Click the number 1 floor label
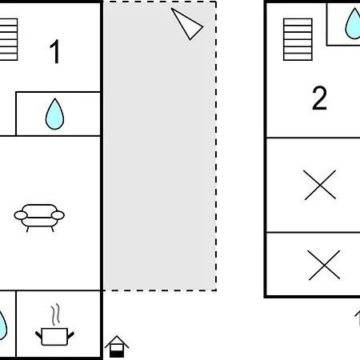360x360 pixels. (x=55, y=51)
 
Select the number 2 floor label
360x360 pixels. (x=319, y=98)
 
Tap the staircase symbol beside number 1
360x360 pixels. (x=9, y=39)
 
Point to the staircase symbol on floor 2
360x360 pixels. (x=298, y=39)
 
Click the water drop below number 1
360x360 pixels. (x=54, y=114)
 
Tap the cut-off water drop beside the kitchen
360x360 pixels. (x=2, y=326)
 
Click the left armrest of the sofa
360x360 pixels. (x=21, y=215)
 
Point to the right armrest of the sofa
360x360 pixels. (x=58, y=215)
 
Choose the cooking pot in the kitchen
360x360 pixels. (x=54, y=337)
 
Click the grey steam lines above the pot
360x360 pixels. (x=55, y=314)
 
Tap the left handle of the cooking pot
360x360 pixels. (x=38, y=335)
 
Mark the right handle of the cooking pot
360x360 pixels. (x=71, y=335)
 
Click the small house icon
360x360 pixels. (x=117, y=346)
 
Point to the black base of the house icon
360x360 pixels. (x=117, y=354)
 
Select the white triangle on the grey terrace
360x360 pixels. (x=188, y=25)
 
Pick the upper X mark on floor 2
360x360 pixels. (x=320, y=185)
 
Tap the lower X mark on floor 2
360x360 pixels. (x=324, y=265)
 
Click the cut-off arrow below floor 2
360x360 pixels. (x=358, y=318)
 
